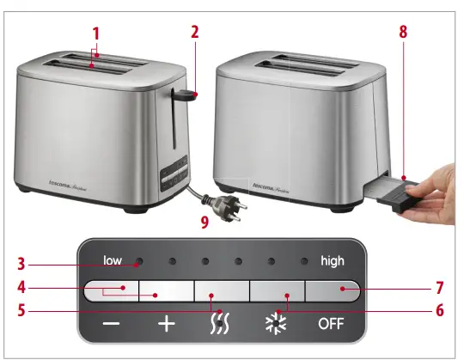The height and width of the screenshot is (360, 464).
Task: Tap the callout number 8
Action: pos(404,33)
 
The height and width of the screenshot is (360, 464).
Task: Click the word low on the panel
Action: pos(113,259)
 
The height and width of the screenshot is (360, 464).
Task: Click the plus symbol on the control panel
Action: pos(167,324)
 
